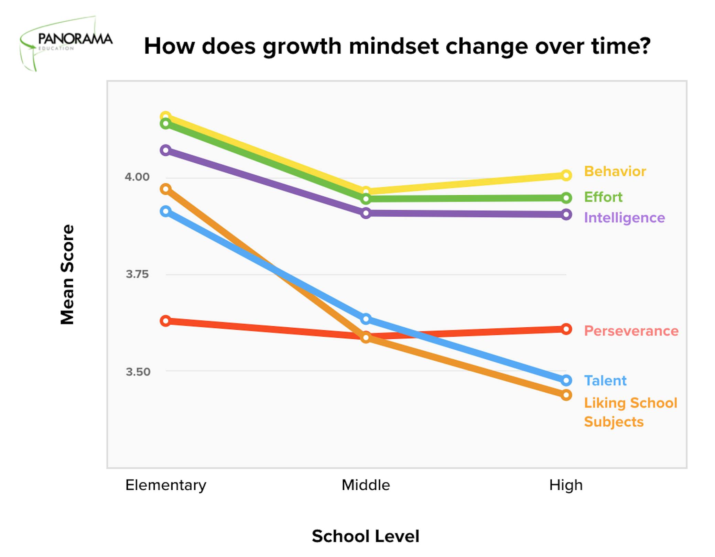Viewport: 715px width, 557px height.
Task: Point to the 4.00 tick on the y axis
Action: pos(137,177)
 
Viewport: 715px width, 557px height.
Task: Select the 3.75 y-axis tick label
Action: pos(137,274)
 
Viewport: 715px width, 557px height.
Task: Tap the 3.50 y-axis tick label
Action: pos(138,372)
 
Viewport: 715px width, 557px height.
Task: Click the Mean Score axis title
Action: pos(67,274)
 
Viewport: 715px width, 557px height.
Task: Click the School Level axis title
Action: pos(365,536)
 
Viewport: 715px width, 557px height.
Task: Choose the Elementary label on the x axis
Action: pos(166,485)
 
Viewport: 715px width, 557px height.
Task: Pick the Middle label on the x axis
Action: pos(366,485)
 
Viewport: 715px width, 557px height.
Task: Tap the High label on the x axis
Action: pos(566,485)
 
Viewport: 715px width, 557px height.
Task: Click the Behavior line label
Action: pos(615,171)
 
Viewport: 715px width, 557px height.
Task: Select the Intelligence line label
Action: pos(624,218)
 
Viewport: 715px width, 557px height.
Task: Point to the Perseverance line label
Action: pos(631,331)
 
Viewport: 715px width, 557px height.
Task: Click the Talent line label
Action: pos(605,381)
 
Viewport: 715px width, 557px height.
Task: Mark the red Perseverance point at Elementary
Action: pos(166,321)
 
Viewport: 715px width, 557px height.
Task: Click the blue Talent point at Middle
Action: pos(366,319)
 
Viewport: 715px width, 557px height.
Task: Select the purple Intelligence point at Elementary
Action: pos(166,150)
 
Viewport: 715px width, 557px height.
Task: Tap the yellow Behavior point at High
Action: pos(566,175)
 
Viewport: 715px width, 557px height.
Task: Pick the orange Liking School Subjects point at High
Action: pos(566,395)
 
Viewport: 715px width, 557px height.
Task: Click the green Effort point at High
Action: pos(566,198)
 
